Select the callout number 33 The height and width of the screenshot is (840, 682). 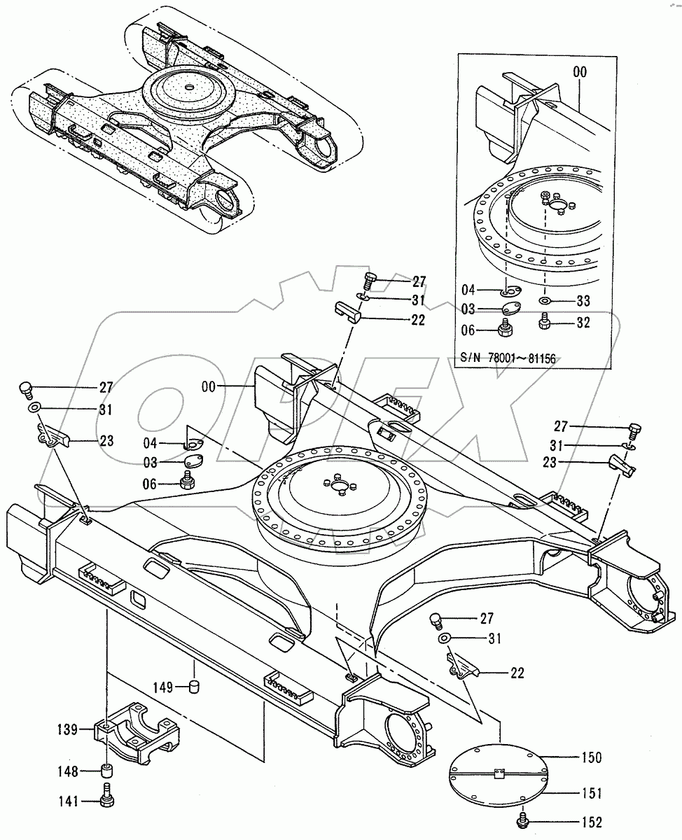tap(582, 301)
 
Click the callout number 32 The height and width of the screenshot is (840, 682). tap(582, 323)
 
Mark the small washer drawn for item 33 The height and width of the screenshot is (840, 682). tap(544, 301)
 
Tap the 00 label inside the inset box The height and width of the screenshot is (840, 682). tap(579, 72)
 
